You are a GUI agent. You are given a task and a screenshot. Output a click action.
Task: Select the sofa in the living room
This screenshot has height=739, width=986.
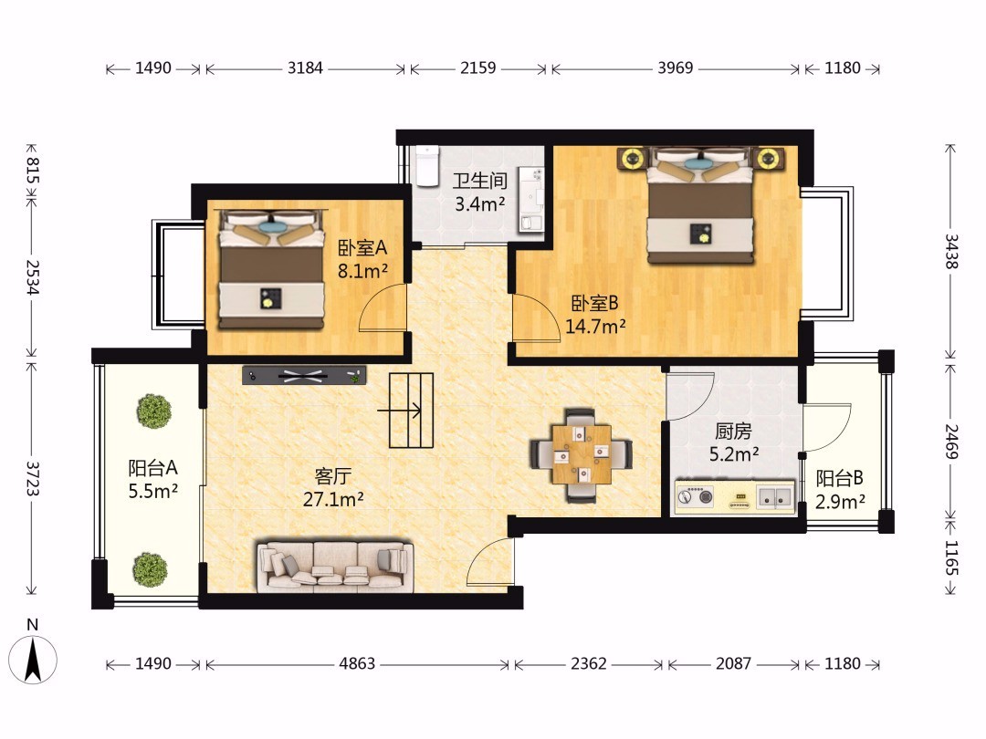[x=335, y=567]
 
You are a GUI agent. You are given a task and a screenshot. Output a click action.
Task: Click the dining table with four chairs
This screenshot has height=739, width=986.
[x=582, y=454]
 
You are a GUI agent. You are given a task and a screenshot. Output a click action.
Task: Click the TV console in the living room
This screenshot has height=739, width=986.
[x=304, y=375]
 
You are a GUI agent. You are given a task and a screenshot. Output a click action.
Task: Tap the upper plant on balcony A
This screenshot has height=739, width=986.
[x=154, y=411]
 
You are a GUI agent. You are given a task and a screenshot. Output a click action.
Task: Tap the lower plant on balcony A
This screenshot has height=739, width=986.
[x=151, y=569]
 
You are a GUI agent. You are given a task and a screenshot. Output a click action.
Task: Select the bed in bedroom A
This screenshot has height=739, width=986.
[x=271, y=269]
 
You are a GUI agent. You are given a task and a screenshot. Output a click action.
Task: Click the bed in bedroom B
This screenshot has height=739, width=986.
[x=700, y=205]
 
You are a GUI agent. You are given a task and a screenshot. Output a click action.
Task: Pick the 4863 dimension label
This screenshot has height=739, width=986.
[x=357, y=663]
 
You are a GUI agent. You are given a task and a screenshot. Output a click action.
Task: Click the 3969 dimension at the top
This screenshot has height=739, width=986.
[x=676, y=68]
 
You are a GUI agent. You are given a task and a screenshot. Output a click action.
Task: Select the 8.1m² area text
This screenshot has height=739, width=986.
[x=362, y=272]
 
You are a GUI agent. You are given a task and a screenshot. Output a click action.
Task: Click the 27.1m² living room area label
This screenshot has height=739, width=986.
[x=333, y=500]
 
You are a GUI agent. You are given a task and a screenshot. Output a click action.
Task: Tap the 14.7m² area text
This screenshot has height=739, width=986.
[x=595, y=327]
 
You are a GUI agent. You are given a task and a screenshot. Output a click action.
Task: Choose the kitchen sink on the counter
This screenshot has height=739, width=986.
[x=775, y=496]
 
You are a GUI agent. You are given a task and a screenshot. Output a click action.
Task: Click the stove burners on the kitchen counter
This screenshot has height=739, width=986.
[x=695, y=496]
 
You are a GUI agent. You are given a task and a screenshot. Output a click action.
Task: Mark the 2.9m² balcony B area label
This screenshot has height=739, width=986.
[x=840, y=502]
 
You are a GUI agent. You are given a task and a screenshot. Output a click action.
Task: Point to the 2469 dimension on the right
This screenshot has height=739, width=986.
[x=951, y=442]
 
